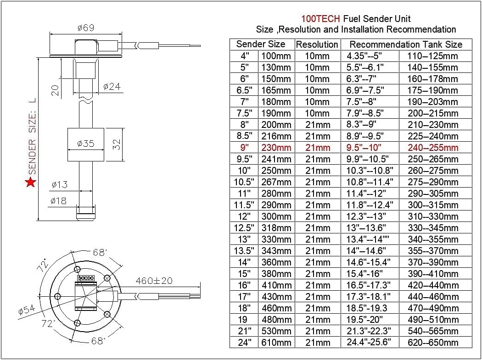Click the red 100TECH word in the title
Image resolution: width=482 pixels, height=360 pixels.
pos(320,19)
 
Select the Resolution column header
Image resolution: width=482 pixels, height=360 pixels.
pos(317,44)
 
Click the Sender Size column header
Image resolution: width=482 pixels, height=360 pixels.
pos(261,44)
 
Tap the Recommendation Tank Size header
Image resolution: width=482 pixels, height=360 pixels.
pos(406,44)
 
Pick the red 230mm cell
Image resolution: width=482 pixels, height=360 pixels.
pos(276,148)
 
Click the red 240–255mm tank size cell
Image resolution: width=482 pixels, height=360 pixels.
pos(432,148)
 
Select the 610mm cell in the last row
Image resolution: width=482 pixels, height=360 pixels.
pos(276,343)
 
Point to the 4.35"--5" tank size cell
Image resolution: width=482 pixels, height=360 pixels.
pos(364,56)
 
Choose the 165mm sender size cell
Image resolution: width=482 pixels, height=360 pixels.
pos(276,90)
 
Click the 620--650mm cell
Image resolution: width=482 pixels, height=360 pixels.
pos(432,343)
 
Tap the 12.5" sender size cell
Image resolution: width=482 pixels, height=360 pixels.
pos(244,228)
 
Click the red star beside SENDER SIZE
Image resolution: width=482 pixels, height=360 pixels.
pos(31,183)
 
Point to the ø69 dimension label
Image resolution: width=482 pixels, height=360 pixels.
pos(85,28)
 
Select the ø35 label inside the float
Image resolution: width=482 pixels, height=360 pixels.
pos(85,144)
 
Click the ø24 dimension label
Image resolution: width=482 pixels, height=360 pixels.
pos(112,86)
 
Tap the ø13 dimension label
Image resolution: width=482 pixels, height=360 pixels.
pos(59,185)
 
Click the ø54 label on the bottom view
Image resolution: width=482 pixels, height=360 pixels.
pos(27,310)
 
